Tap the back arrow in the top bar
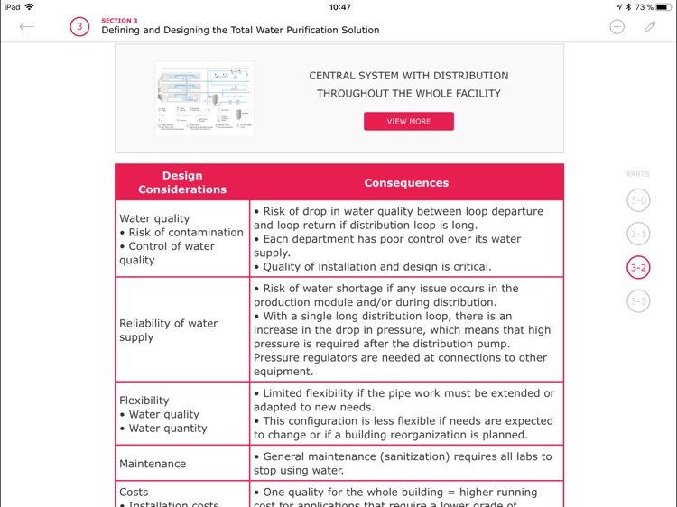point(27,26)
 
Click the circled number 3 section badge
point(79,26)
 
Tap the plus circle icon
point(617,26)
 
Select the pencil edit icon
point(650,26)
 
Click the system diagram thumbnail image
point(204,98)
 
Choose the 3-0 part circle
point(638,200)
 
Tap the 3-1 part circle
point(638,234)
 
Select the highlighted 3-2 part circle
point(638,267)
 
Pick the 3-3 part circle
point(638,300)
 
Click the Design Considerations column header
point(182,182)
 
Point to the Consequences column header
point(406,182)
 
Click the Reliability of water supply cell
point(168,330)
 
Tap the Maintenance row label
point(153,464)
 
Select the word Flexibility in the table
point(144,401)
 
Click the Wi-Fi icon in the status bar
point(30,7)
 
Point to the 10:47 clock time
point(339,7)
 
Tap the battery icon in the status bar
point(663,7)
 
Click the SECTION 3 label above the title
point(119,19)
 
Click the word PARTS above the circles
point(637,174)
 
